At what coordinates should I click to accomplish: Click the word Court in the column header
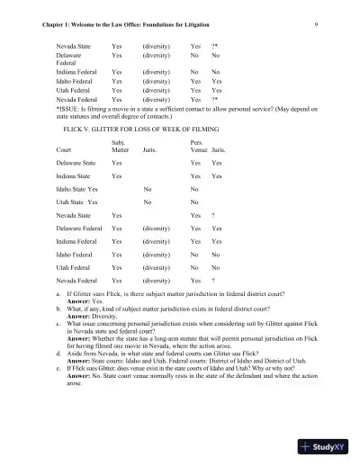coord(64,149)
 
